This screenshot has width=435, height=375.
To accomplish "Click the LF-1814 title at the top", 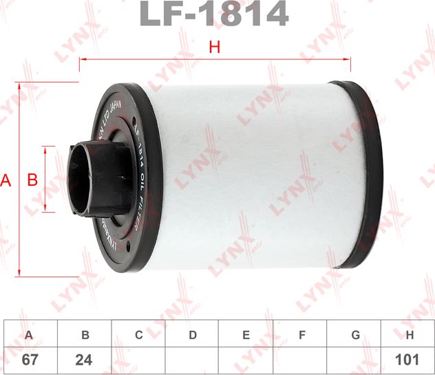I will point(213,14).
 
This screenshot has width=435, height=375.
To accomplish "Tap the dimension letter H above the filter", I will point(214,47).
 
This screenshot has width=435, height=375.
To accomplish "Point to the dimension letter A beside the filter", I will point(7,181).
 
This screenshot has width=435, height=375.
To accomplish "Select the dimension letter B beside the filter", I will point(32,181).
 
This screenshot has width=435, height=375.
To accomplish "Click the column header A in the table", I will point(29,335).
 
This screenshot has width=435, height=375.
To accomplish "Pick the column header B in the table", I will point(85,335).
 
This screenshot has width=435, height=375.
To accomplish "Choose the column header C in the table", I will point(138,335).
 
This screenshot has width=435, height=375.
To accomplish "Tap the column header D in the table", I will point(193,335).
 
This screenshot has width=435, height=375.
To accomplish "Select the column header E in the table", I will point(246,335).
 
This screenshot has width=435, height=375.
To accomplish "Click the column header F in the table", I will point(301,335).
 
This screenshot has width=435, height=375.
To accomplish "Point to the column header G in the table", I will point(355,335).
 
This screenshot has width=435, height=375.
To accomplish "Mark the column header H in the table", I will point(410,335).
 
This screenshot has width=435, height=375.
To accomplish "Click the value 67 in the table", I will point(29,360).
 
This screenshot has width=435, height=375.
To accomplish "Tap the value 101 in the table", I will point(410,360).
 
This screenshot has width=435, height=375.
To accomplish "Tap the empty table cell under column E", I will point(246,360).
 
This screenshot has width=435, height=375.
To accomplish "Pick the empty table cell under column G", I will point(355,360).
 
